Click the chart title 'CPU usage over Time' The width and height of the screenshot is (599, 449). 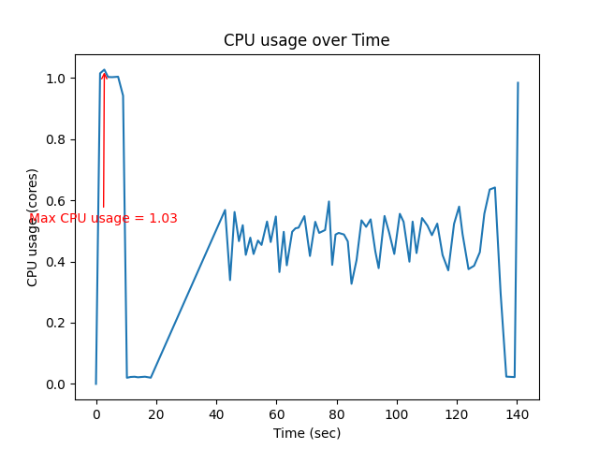pyautogui.click(x=306, y=40)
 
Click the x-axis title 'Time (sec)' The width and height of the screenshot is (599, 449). pyautogui.click(x=306, y=433)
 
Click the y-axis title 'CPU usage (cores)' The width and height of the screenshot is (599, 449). pyautogui.click(x=33, y=227)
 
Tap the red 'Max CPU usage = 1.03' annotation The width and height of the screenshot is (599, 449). pyautogui.click(x=103, y=219)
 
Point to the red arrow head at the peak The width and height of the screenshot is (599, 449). pyautogui.click(x=104, y=75)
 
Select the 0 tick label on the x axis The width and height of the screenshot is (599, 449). pyautogui.click(x=95, y=413)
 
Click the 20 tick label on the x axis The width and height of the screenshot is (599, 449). pyautogui.click(x=156, y=413)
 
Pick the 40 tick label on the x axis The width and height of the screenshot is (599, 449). pyautogui.click(x=216, y=413)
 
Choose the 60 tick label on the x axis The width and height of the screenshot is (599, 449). pyautogui.click(x=277, y=413)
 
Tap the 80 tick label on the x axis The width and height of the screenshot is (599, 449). pyautogui.click(x=337, y=413)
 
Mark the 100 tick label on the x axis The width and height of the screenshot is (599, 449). pyautogui.click(x=398, y=413)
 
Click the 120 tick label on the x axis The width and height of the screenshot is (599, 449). pyautogui.click(x=458, y=413)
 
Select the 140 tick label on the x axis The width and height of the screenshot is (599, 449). pyautogui.click(x=518, y=413)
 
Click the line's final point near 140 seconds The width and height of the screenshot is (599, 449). pyautogui.click(x=518, y=82)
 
